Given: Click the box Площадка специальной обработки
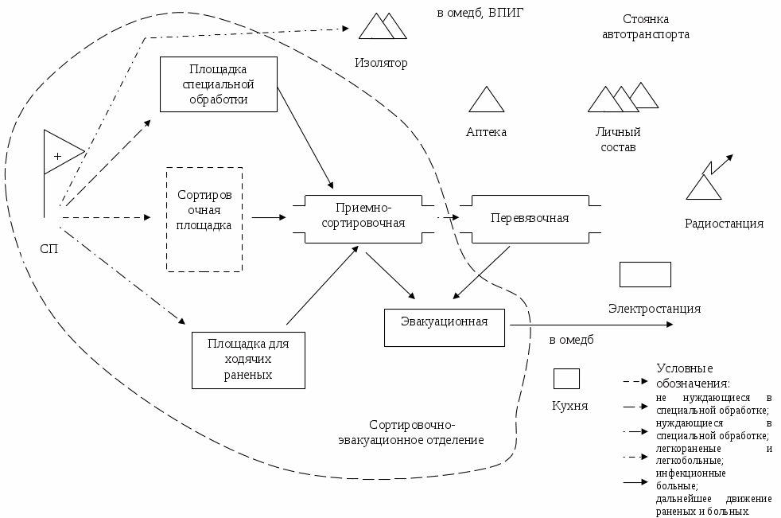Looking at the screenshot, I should point(218,84).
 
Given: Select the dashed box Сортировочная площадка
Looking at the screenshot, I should point(204,219).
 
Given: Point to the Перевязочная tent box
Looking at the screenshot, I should point(530,218).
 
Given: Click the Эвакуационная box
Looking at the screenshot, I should point(445,327).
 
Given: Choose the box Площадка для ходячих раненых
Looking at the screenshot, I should point(248,360).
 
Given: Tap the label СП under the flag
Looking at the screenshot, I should point(49,247).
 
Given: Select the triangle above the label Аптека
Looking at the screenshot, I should point(486,100).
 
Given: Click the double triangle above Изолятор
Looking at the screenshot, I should point(383,27).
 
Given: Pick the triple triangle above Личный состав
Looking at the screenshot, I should point(622,99).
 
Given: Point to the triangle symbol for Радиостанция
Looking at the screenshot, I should point(704,188).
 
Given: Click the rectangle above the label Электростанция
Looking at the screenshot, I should point(645,275).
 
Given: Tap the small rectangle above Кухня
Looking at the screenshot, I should point(566,378).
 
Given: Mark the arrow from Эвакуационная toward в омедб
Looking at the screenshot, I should point(589,325).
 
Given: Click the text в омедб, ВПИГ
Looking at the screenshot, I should point(480,13).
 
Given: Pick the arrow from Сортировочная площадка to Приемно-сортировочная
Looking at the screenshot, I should point(269,217).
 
